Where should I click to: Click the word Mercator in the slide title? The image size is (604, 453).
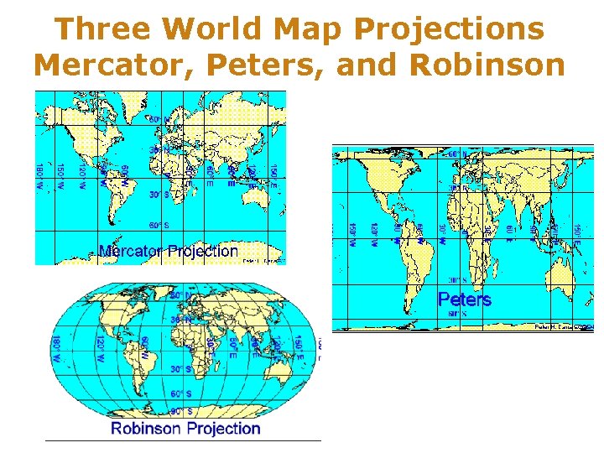coord(99,64)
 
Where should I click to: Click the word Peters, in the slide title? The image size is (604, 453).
coord(269,64)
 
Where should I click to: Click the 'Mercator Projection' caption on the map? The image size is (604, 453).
coord(168,251)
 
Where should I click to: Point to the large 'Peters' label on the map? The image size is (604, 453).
coord(464,299)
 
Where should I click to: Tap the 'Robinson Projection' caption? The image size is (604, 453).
coord(186,429)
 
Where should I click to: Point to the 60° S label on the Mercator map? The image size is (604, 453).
coord(159,226)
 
